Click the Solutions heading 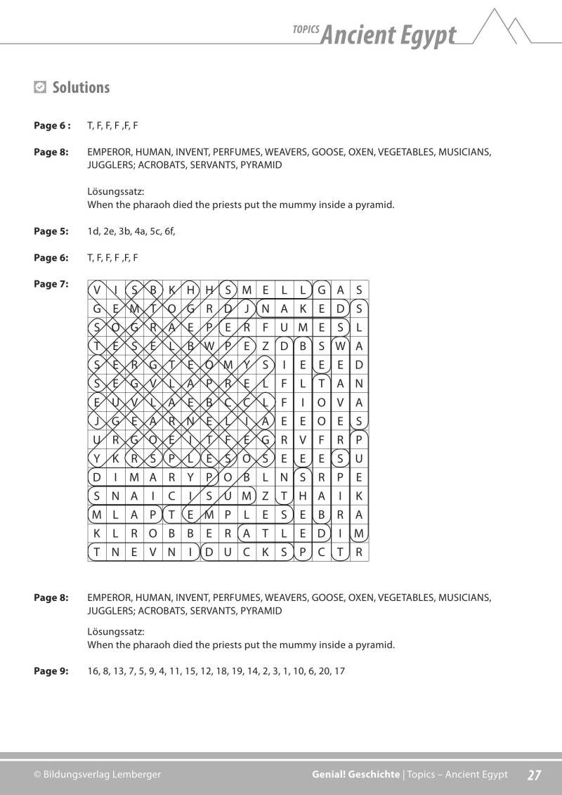point(81,88)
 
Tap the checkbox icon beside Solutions point(40,88)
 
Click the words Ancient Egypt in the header point(387,34)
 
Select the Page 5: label point(51,231)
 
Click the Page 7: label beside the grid point(51,284)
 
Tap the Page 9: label point(51,671)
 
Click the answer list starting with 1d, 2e point(131,231)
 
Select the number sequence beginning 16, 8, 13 point(216,671)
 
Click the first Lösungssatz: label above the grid point(115,191)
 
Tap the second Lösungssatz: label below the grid point(115,631)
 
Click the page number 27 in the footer point(534,775)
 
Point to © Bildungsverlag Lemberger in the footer point(97,775)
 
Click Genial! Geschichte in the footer point(356,775)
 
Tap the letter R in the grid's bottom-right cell point(359,552)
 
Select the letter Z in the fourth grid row point(265,345)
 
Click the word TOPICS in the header point(305,30)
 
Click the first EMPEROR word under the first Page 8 point(108,152)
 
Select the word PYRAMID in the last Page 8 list point(261,611)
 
